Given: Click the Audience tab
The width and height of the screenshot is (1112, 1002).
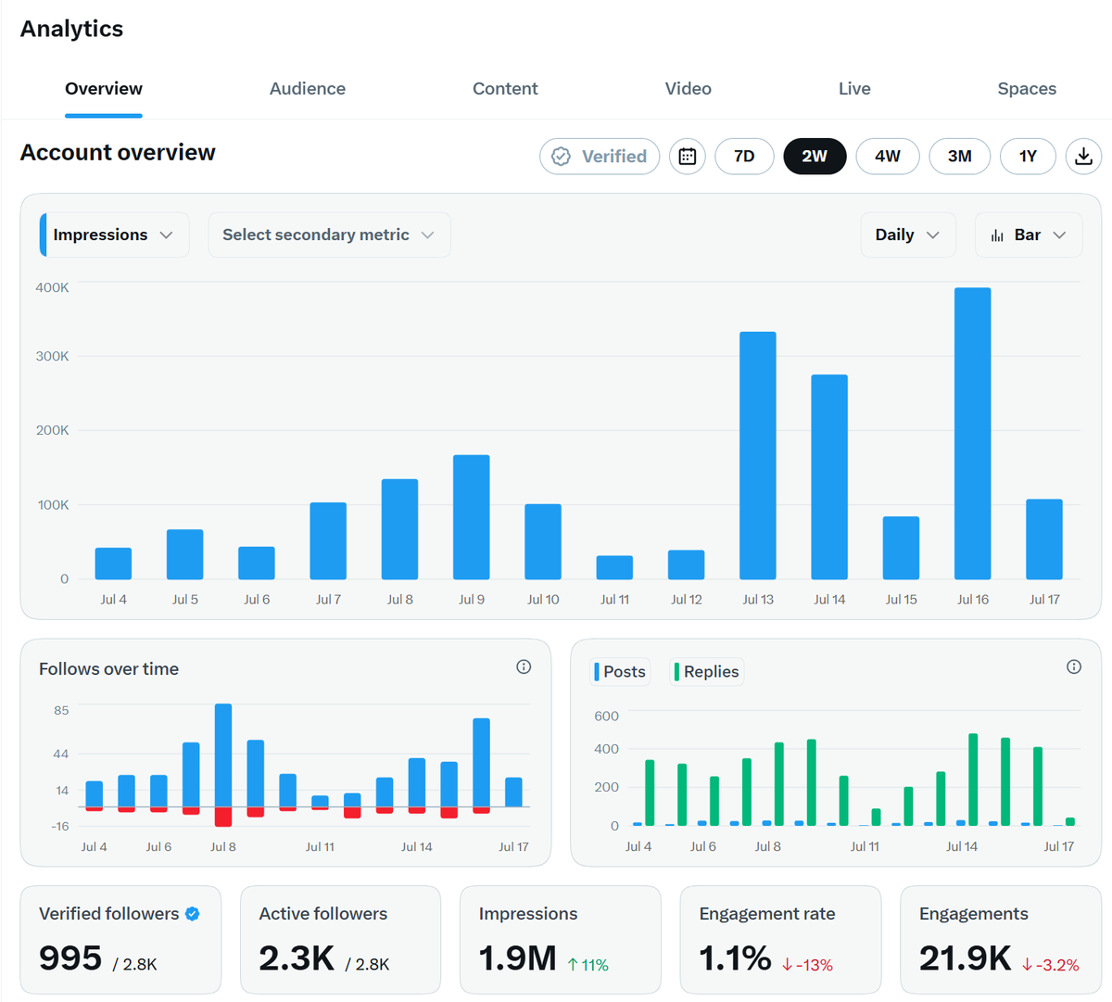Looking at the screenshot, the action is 307,89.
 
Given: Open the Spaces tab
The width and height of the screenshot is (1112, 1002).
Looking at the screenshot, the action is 1027,89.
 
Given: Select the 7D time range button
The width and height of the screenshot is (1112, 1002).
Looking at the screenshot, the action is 744,157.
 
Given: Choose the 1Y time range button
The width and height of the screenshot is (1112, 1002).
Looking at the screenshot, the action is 1028,157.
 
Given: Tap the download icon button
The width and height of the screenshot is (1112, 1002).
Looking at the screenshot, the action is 1083,157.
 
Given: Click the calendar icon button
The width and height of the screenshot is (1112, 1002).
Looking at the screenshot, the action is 687,157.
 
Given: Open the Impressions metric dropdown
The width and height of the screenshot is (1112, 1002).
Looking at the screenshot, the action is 114,235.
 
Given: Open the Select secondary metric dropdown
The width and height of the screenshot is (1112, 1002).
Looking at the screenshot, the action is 329,235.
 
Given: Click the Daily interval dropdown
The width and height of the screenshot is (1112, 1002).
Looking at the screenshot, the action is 908,235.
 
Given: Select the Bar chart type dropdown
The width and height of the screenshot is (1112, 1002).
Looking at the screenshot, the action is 1029,235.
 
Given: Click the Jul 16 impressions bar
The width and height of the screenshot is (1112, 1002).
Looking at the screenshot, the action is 972,433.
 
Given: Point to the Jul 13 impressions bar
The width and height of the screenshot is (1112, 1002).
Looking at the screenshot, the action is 758,455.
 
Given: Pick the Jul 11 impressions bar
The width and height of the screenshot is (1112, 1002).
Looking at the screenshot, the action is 614,567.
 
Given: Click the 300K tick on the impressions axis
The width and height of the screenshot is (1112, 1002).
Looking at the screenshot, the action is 52,356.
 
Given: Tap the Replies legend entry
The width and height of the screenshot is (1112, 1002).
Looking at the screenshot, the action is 706,671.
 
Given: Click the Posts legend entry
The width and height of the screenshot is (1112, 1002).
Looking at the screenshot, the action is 620,671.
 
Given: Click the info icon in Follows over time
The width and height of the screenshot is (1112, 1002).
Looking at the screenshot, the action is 524,666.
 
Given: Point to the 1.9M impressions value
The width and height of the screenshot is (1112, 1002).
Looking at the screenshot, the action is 517,958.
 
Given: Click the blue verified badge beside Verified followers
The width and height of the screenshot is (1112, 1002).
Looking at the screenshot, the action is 193,913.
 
